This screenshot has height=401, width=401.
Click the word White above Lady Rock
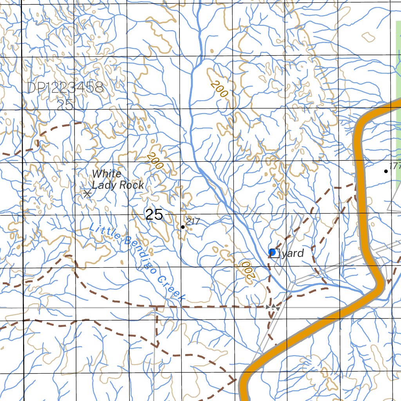(x=107, y=174)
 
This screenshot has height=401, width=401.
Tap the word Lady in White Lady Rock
(x=103, y=185)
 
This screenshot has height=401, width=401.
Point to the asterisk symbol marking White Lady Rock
(x=87, y=193)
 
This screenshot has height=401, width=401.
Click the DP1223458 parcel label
(x=65, y=88)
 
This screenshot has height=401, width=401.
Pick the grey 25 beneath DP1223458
(x=65, y=105)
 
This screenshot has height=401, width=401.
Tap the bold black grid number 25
(x=154, y=215)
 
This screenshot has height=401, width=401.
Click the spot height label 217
(x=193, y=222)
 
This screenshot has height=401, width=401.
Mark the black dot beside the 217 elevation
(x=183, y=227)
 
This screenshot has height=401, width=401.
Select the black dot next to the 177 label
(x=386, y=171)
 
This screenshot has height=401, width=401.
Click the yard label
(x=293, y=253)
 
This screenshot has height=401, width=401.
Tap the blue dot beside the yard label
(x=272, y=252)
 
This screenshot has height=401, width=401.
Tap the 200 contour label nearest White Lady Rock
(x=155, y=161)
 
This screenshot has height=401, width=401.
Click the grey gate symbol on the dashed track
(x=273, y=308)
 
